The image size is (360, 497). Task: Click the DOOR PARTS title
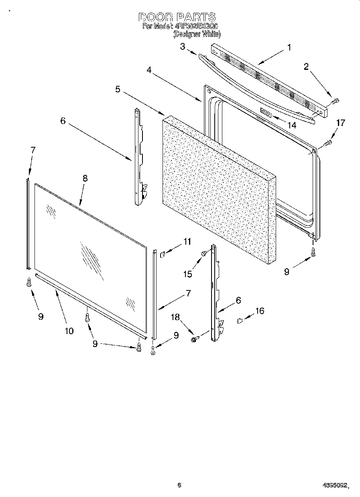(x=177, y=17)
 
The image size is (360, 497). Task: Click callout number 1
(x=289, y=47)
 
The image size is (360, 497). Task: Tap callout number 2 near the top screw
(x=306, y=67)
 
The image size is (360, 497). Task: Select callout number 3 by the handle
(x=183, y=47)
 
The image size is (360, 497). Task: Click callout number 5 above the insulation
(x=118, y=89)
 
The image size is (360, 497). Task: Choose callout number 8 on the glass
(x=85, y=179)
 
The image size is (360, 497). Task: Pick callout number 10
(x=69, y=331)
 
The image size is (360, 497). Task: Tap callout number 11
(x=187, y=241)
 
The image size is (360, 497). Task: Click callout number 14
(x=292, y=125)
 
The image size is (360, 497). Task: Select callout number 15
(x=188, y=274)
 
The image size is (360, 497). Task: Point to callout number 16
(x=260, y=310)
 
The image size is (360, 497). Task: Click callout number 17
(x=340, y=123)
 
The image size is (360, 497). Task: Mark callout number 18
(x=176, y=317)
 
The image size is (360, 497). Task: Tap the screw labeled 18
(x=195, y=340)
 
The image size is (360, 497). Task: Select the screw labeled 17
(x=327, y=141)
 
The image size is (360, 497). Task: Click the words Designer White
(x=197, y=35)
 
